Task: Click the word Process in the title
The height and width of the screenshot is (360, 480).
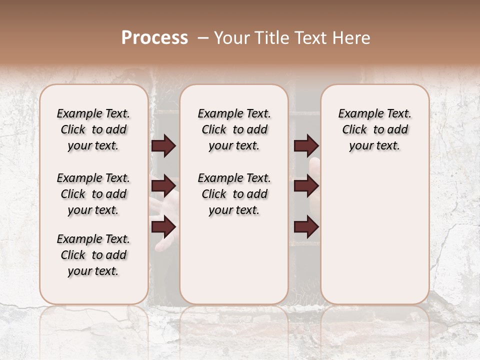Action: click(154, 38)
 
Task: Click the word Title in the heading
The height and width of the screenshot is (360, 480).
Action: click(267, 38)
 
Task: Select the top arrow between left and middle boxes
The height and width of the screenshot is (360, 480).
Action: click(163, 145)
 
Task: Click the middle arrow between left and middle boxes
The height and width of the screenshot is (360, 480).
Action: click(163, 186)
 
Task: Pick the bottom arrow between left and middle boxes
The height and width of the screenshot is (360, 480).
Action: click(163, 226)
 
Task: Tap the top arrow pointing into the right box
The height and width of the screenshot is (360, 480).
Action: click(306, 145)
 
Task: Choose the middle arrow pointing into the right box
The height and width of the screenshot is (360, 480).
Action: click(306, 186)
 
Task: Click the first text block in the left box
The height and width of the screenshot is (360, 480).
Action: click(93, 129)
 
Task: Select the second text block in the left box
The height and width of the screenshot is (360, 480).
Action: click(93, 194)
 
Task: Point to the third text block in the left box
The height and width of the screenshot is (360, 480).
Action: click(93, 255)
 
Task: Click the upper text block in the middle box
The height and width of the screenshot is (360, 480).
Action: click(234, 129)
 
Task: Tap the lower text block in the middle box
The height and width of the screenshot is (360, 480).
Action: click(234, 194)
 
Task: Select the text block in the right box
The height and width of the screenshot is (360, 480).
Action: click(374, 129)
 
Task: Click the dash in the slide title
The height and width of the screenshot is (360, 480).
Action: click(203, 38)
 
